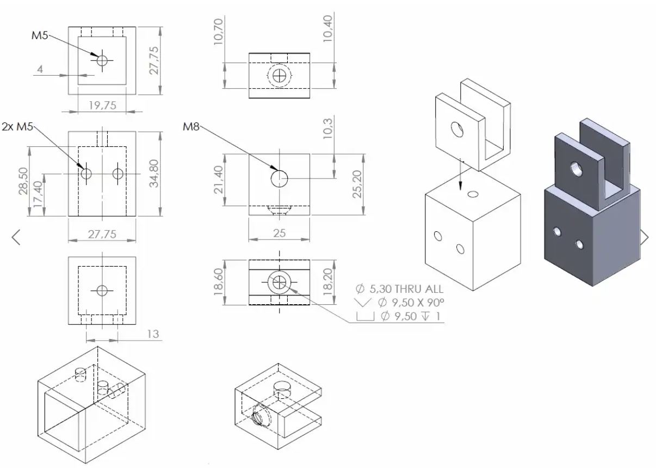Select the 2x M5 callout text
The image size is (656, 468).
17,127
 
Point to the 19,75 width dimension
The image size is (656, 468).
102,106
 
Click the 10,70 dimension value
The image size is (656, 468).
219,32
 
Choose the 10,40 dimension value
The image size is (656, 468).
327,29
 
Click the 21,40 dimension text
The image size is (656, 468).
219,180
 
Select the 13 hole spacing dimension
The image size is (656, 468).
153,334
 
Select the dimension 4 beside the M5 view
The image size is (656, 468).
40,69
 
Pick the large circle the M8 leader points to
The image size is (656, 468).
280,178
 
